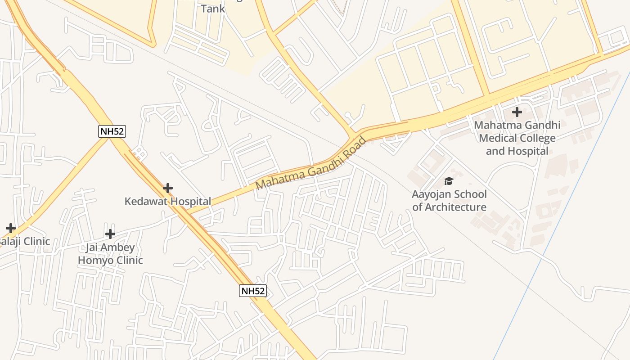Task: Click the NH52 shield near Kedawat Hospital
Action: tap(112, 131)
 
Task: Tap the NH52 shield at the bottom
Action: tap(252, 291)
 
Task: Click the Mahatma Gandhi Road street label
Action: tap(311, 164)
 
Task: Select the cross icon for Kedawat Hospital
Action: tap(168, 188)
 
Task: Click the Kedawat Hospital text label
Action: tap(167, 201)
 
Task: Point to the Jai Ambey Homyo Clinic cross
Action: tap(110, 234)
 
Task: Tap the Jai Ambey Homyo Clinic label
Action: tap(110, 254)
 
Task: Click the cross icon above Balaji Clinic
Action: tap(10, 228)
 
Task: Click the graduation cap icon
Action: tap(449, 181)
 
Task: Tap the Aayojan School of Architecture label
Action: tap(449, 201)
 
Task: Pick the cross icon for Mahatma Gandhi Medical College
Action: tap(517, 112)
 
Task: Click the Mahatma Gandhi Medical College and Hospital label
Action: tap(517, 138)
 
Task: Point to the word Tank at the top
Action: tap(213, 9)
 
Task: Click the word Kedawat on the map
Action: tap(145, 201)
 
